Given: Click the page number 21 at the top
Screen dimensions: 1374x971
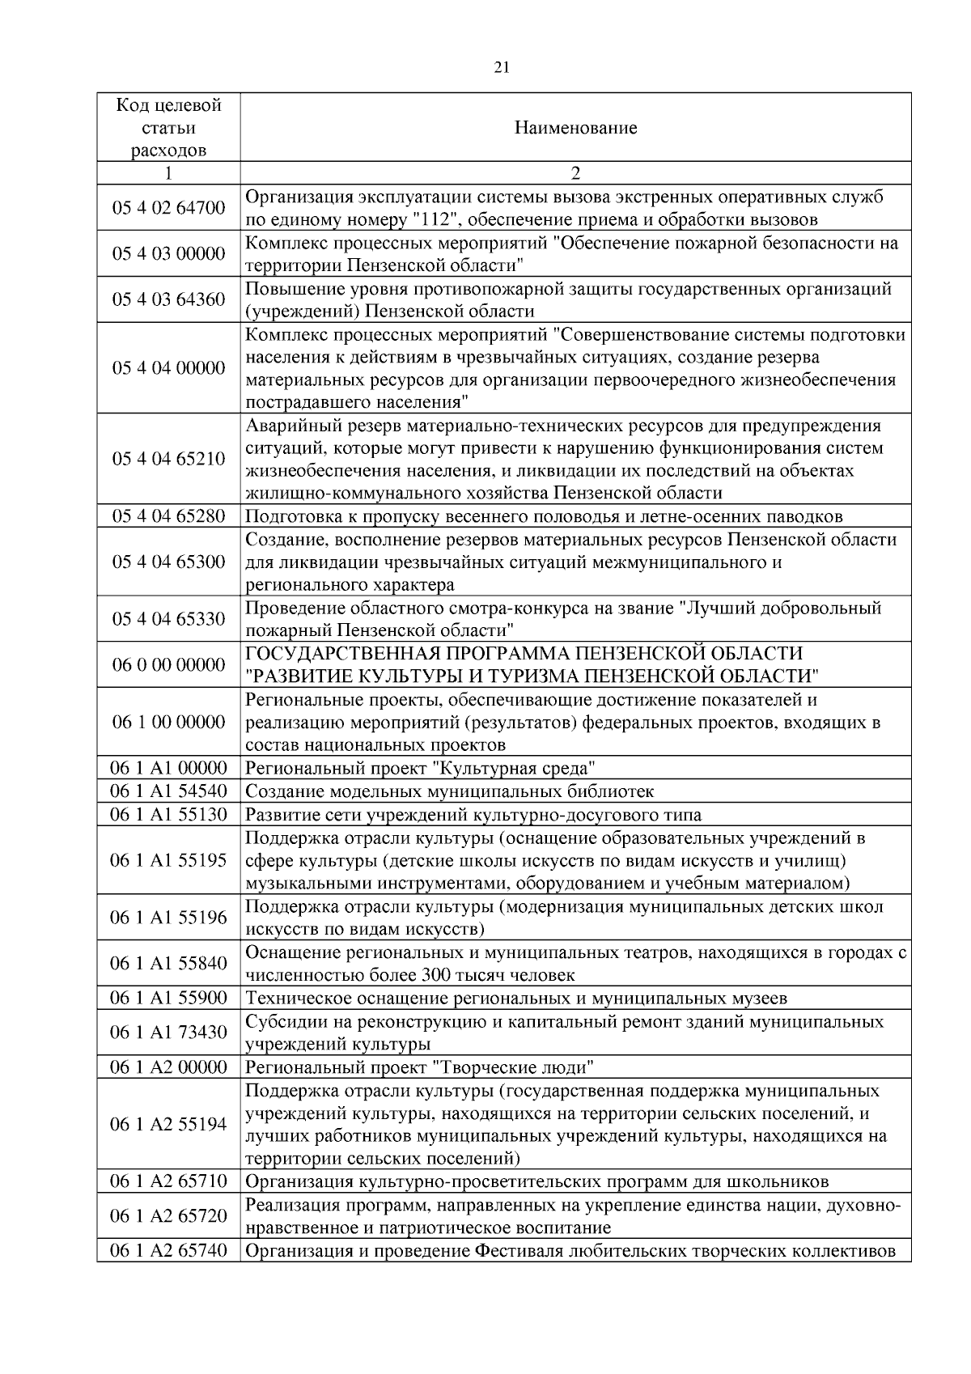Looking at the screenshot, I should (501, 68).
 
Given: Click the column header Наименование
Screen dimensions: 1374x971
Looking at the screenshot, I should (575, 128).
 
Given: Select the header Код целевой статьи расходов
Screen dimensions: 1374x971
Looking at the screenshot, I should (168, 128).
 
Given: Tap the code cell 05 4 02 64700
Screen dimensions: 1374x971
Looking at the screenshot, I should (168, 208).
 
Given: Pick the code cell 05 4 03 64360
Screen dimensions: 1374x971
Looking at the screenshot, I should (168, 299).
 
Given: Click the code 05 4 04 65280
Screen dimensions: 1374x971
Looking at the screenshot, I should (168, 516).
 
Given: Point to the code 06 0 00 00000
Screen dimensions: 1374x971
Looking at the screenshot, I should (168, 664).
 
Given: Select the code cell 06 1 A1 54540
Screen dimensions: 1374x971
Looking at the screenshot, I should (168, 791).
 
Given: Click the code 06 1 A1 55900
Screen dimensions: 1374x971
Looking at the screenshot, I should (168, 998).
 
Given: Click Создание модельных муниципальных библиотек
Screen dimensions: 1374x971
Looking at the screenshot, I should (449, 791).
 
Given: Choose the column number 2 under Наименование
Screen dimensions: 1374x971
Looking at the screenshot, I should (575, 173).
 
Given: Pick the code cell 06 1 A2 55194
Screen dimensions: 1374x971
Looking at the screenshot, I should (168, 1124).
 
